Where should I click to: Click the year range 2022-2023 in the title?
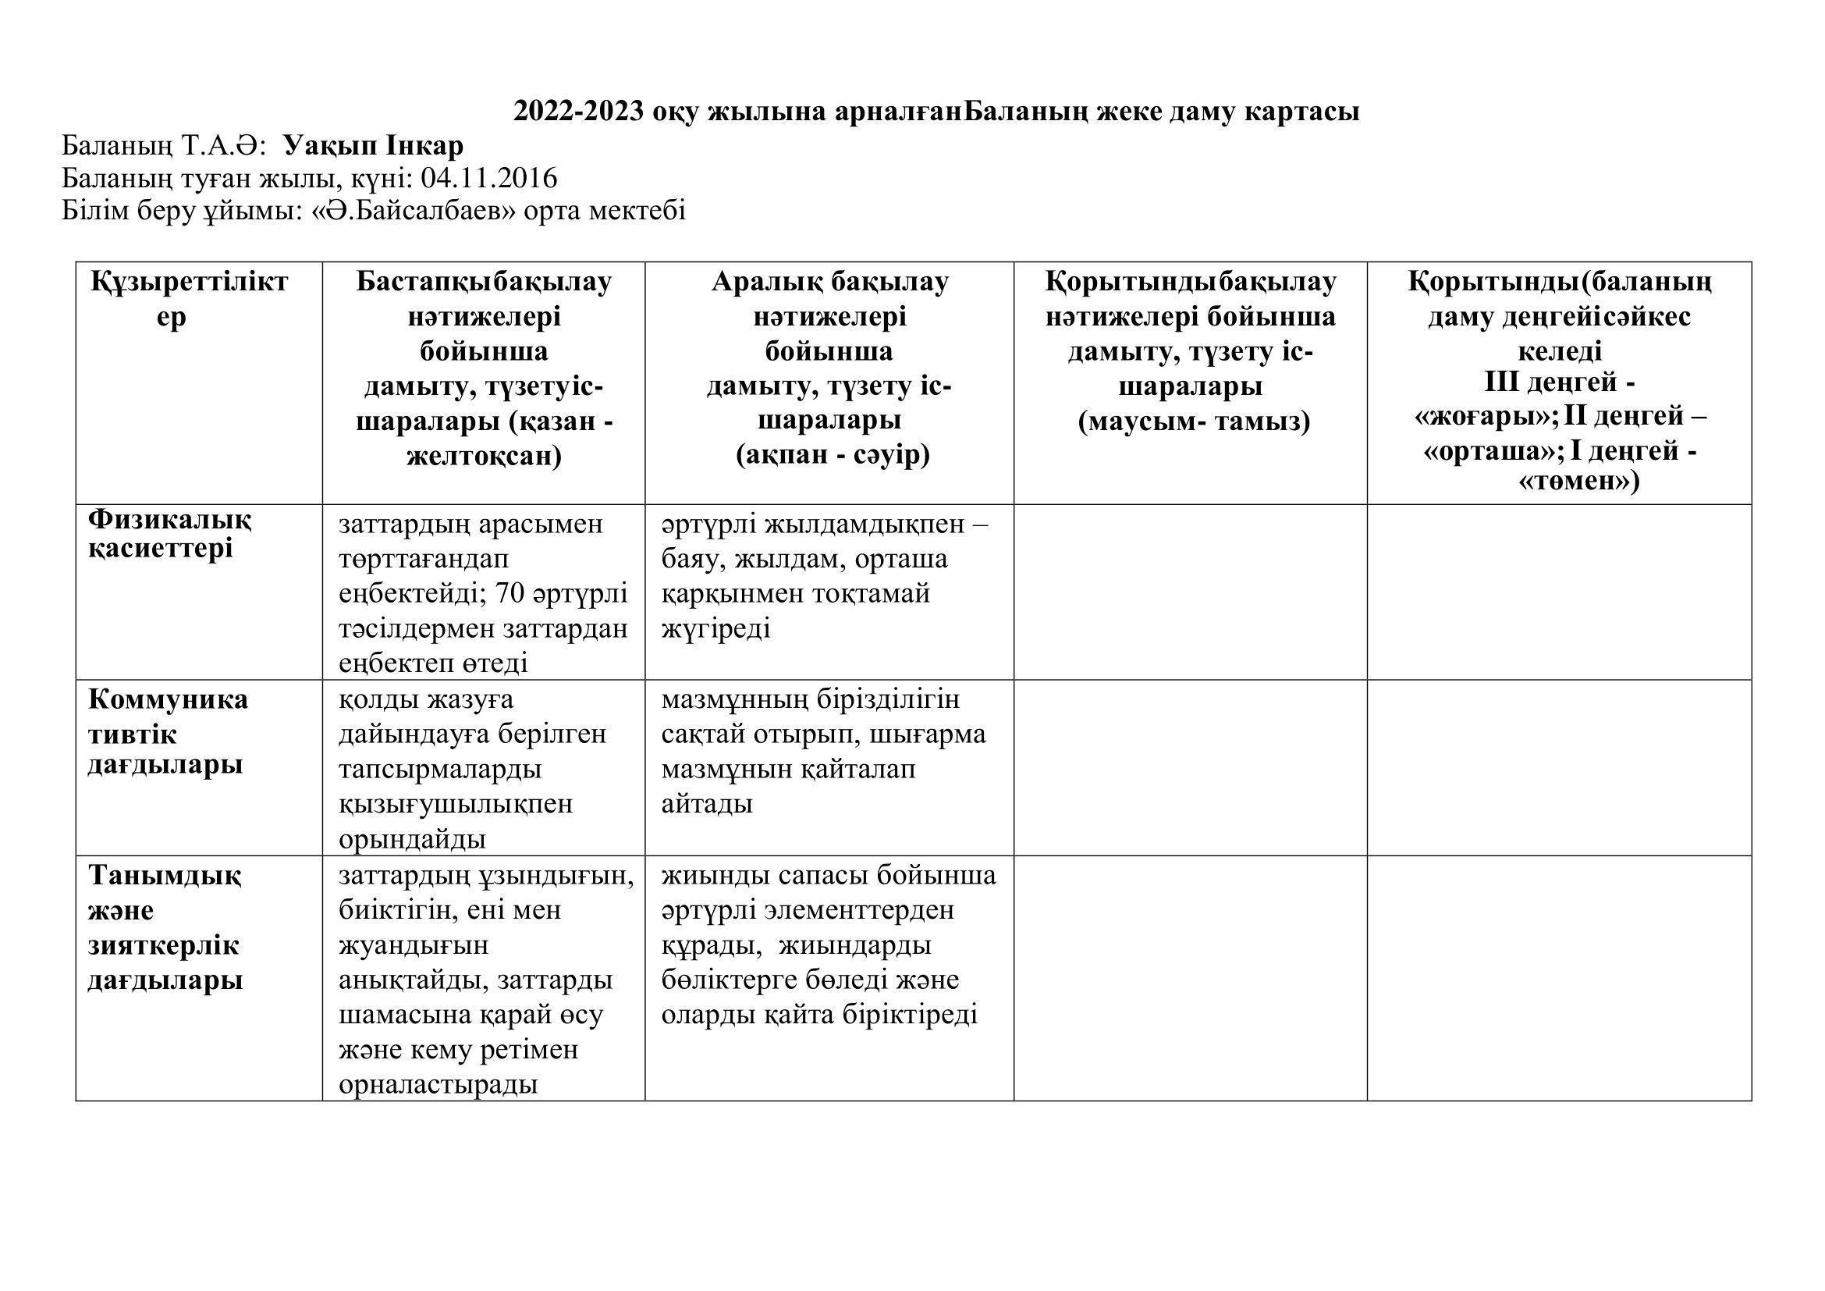click(579, 112)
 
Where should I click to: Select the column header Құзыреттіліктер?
click(188, 299)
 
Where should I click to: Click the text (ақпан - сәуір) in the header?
click(833, 455)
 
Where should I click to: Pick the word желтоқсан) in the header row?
click(484, 457)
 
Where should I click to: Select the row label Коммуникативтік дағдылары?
click(167, 732)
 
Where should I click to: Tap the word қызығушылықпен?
click(456, 804)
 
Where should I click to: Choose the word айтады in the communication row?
click(707, 804)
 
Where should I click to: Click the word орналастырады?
click(438, 1085)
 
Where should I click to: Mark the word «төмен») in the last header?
click(1578, 482)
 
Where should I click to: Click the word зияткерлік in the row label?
click(163, 945)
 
